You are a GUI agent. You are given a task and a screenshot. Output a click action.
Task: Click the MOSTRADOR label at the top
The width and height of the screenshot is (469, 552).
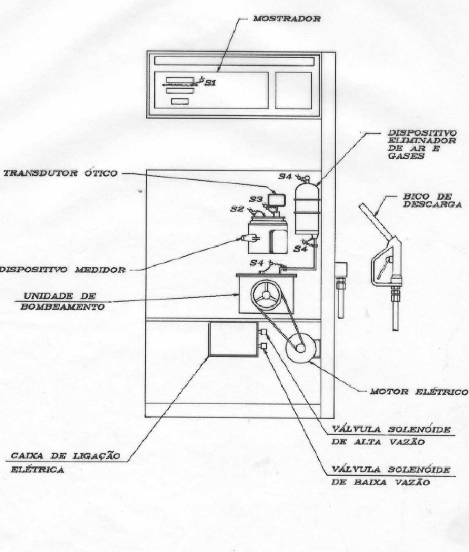coord(286,19)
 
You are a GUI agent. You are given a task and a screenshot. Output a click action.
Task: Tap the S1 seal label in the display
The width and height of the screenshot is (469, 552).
coord(210,83)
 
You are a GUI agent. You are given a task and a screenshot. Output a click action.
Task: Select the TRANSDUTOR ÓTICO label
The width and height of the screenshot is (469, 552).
coord(61,173)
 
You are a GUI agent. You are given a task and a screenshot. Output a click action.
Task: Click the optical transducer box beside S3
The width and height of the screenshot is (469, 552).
coord(276,200)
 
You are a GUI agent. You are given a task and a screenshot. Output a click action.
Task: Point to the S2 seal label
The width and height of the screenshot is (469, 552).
coord(237,209)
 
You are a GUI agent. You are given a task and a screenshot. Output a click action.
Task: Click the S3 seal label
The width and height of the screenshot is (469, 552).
coord(256,199)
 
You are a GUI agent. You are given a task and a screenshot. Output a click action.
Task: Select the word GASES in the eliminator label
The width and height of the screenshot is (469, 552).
coord(406,156)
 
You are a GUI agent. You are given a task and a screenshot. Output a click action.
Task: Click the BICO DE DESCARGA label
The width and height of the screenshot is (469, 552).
coord(433,200)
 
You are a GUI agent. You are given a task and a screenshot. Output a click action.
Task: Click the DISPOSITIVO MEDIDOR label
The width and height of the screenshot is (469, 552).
coord(63,270)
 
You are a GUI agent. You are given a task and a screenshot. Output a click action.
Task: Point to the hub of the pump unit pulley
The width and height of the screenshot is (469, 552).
coord(266,295)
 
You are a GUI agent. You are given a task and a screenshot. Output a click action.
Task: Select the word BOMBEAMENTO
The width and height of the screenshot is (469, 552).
coord(63,307)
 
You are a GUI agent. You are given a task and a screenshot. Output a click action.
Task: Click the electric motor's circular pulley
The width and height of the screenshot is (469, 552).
coord(300,348)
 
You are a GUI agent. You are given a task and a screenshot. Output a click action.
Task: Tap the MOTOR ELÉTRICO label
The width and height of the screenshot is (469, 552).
coord(419,392)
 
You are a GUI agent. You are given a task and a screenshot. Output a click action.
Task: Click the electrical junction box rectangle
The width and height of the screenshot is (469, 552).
coord(233,339)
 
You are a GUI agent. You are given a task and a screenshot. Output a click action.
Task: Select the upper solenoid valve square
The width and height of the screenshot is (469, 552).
coord(263,332)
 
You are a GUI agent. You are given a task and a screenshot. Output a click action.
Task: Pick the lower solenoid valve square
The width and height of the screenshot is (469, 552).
coord(263,346)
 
